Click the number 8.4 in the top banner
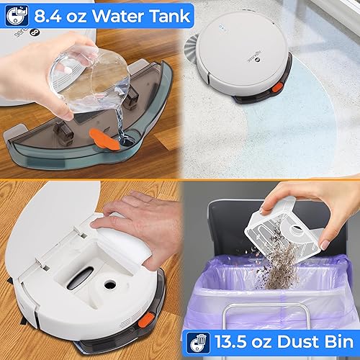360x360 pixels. coord(50,14)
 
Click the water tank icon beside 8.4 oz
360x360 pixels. coord(14,14)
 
